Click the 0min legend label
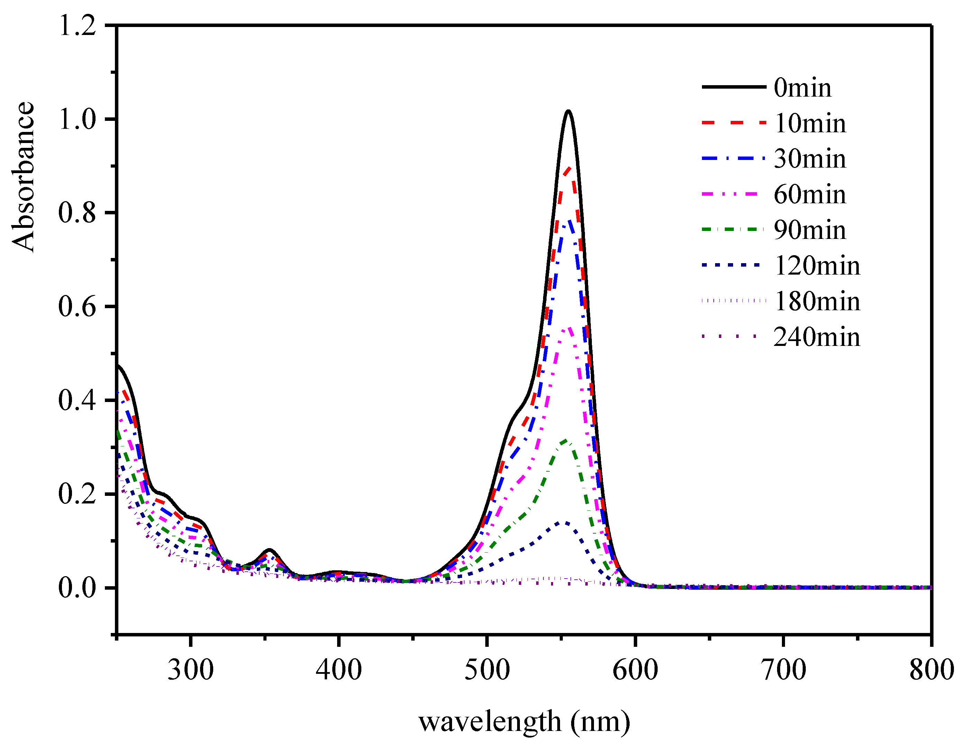[x=802, y=88]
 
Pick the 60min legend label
[x=810, y=195]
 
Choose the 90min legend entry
[x=810, y=230]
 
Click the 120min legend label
[x=817, y=266]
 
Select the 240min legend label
[x=817, y=337]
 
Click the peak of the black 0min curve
[x=568, y=111]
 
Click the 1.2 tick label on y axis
[x=77, y=26]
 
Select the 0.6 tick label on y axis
[x=77, y=307]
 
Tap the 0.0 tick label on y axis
[x=77, y=588]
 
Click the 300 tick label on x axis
[x=190, y=670]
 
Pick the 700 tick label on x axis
[x=783, y=670]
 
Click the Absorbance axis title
[x=23, y=177]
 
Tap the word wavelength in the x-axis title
[x=489, y=723]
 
